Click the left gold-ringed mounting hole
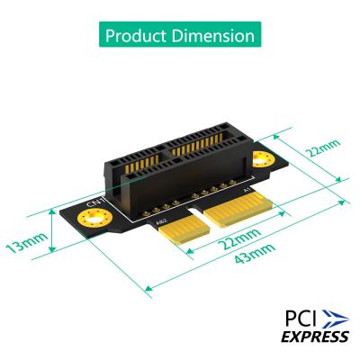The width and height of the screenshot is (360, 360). tap(97, 218)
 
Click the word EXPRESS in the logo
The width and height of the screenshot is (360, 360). tap(314, 337)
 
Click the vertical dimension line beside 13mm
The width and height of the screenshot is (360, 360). tap(52, 236)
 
